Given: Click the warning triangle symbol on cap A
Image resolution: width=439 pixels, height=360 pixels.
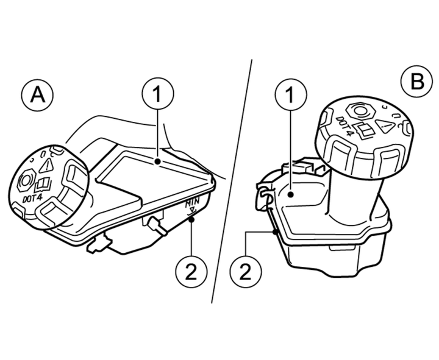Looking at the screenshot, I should (x=47, y=163).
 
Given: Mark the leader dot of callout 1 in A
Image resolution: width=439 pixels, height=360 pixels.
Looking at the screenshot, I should (x=157, y=161).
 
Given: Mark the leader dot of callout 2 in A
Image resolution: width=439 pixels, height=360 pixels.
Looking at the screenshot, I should (x=191, y=222).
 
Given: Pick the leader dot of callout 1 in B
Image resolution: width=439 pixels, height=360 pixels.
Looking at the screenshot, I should (x=291, y=194).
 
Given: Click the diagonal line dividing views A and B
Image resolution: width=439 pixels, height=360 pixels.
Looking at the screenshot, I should (x=232, y=183).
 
